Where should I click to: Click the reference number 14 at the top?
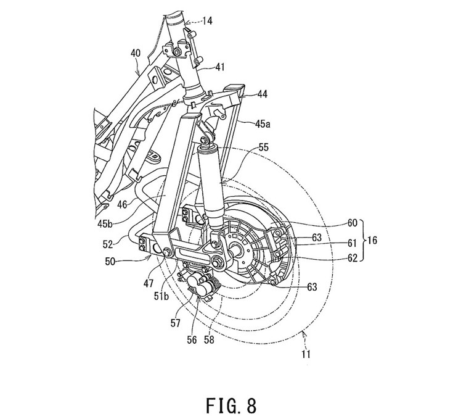click(208, 21)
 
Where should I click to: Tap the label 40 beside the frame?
click(136, 54)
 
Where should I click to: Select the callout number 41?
click(219, 67)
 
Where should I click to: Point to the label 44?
click(262, 94)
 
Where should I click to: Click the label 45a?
click(263, 124)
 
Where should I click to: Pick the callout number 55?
click(263, 147)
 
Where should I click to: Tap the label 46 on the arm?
click(123, 205)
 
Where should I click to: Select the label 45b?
click(105, 224)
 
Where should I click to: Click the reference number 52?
click(108, 244)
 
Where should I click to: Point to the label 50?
click(110, 263)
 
